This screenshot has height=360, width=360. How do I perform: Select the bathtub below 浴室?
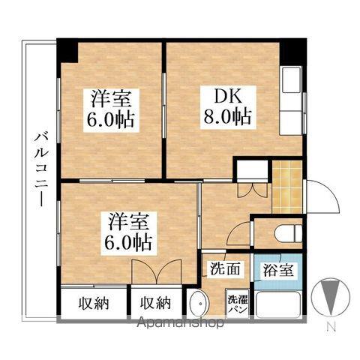(279, 304)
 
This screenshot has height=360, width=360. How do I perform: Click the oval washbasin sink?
(198, 304)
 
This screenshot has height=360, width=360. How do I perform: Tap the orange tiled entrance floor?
(287, 186)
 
